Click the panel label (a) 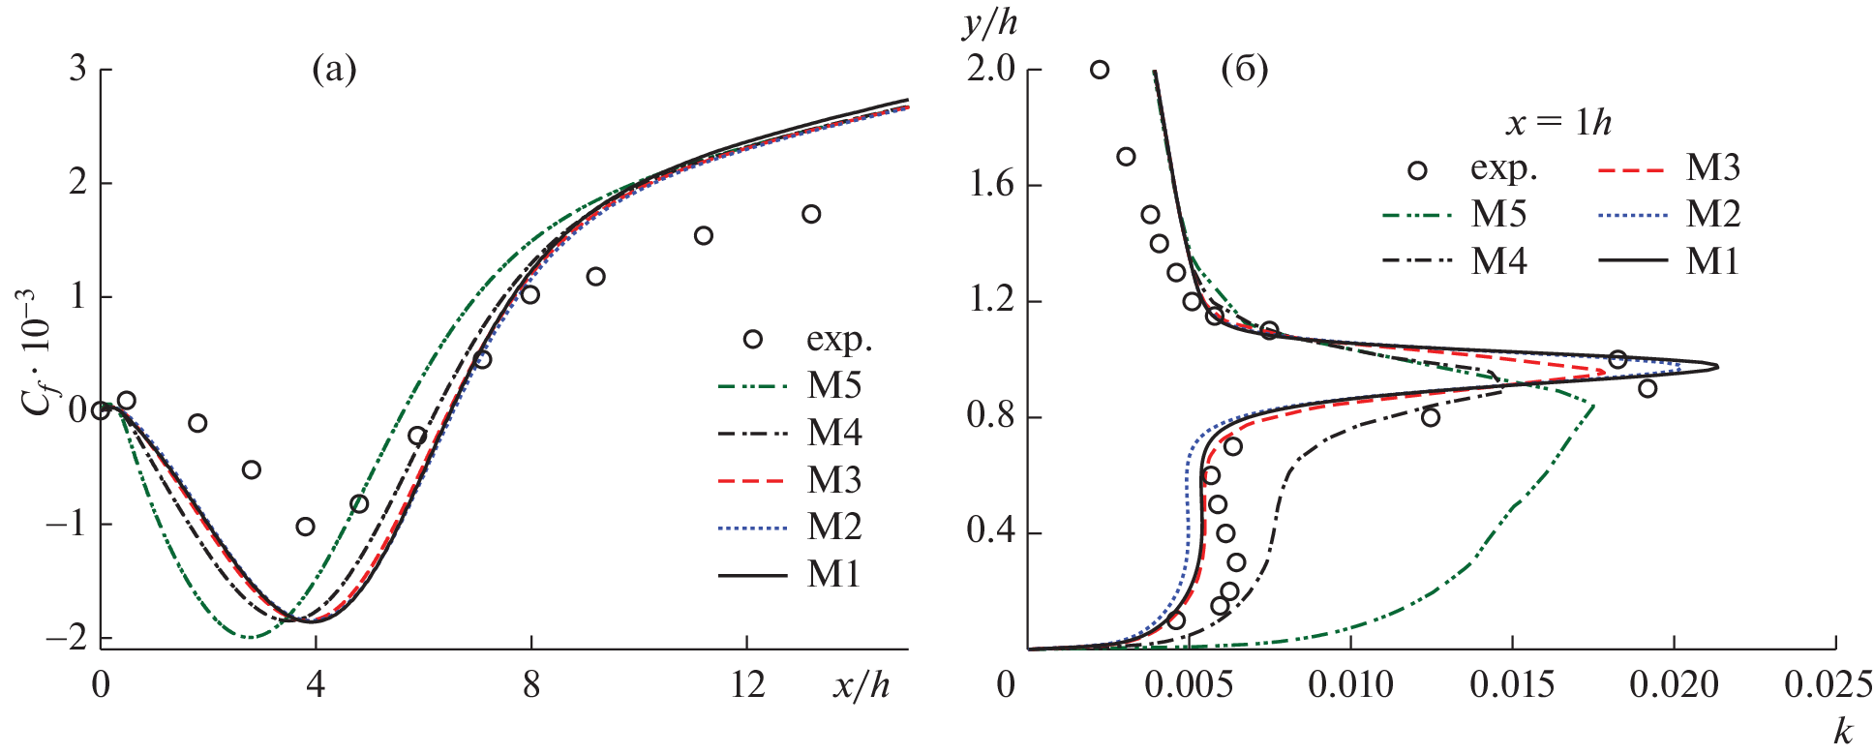click(334, 70)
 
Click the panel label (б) click(1245, 70)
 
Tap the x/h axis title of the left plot click(861, 685)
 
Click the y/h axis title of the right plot click(990, 23)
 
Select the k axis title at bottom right click(1842, 732)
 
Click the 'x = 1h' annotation click(1558, 122)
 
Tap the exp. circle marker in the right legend click(1417, 170)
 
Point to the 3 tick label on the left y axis click(77, 69)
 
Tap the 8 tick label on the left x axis click(530, 685)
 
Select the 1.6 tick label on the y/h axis click(991, 185)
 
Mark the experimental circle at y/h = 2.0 click(1100, 70)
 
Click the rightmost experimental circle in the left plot click(811, 214)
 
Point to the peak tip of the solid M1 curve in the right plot click(1717, 366)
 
